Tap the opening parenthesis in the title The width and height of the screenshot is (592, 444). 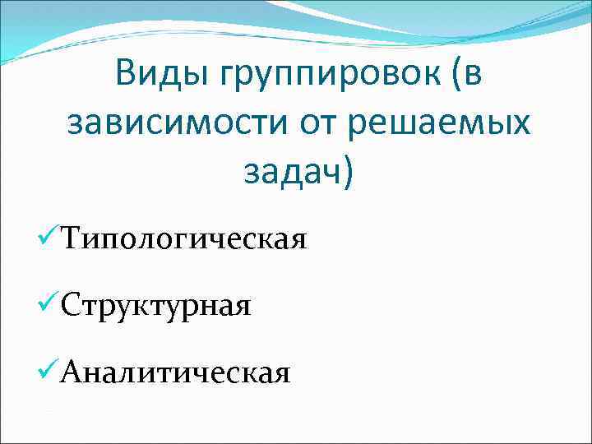[453, 76]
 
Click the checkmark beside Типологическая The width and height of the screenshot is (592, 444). [48, 238]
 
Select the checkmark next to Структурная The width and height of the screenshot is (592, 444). [48, 305]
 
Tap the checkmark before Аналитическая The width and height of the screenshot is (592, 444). [48, 372]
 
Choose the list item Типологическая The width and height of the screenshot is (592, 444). [183, 240]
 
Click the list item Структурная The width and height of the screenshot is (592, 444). [155, 307]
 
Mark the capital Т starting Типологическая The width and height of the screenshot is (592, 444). [72, 238]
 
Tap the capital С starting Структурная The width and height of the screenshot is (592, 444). [71, 305]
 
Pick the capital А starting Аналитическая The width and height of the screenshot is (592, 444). [72, 372]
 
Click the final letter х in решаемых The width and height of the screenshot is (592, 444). [520, 123]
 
